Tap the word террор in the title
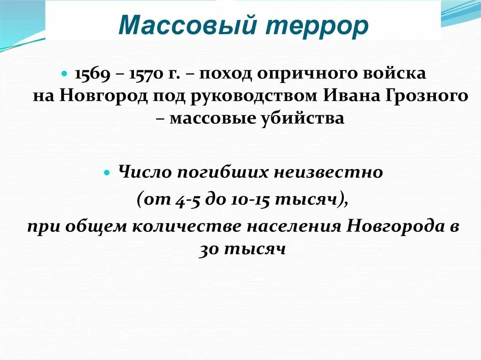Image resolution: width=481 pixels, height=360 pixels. point(318,27)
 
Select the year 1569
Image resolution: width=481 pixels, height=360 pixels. point(91,74)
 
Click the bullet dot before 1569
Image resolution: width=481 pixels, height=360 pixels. point(65,74)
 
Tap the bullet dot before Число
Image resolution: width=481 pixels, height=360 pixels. point(107,173)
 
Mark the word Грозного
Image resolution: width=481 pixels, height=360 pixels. point(425,96)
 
